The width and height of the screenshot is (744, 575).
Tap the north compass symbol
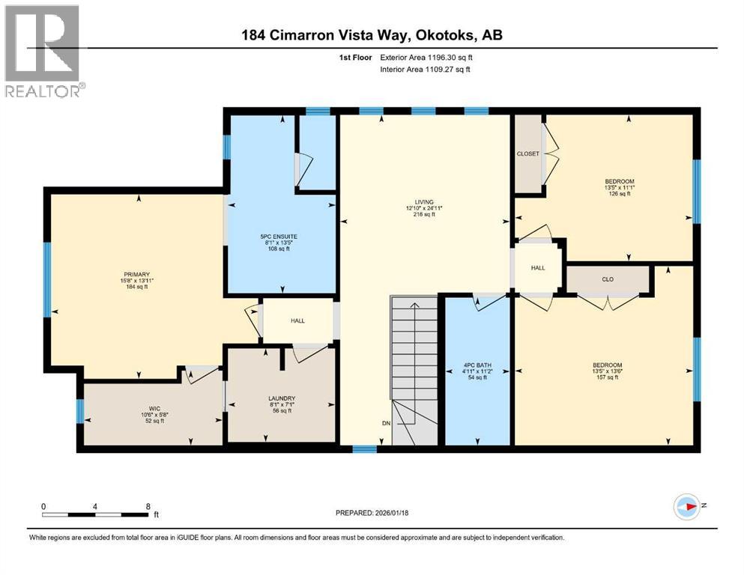click(687, 506)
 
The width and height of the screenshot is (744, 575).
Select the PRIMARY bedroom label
click(136, 281)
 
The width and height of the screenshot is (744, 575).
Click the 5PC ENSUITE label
click(279, 243)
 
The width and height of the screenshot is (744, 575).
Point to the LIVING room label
click(424, 208)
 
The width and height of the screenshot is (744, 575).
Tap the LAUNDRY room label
click(282, 404)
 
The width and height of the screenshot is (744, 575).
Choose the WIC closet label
click(154, 414)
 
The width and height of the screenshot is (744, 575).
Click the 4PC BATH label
click(477, 371)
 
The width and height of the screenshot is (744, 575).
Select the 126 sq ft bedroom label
click(619, 187)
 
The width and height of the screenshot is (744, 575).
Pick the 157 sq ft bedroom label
click(608, 371)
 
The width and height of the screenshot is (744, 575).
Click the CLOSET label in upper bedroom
click(527, 153)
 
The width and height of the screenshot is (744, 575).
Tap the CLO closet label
click(608, 279)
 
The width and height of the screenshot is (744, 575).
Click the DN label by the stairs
click(386, 423)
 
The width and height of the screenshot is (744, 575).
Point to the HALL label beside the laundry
click(297, 321)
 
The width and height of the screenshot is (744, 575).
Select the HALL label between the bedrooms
click(538, 268)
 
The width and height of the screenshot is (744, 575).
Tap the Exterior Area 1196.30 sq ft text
click(426, 58)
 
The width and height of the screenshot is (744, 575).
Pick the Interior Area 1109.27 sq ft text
click(425, 69)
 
